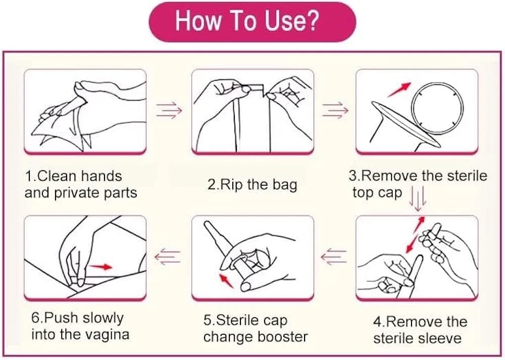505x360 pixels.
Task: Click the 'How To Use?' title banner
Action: pyautogui.click(x=252, y=21)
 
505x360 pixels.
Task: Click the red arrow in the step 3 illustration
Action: pyautogui.click(x=399, y=89)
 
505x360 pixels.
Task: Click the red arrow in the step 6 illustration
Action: pyautogui.click(x=100, y=267)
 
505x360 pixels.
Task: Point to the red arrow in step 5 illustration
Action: pyautogui.click(x=226, y=280)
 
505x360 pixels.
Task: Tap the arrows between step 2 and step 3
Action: pyautogui.click(x=335, y=110)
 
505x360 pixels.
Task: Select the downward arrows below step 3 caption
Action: pyautogui.click(x=418, y=198)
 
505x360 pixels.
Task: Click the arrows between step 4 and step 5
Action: pyautogui.click(x=334, y=256)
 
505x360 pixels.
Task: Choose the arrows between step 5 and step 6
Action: pyautogui.click(x=168, y=256)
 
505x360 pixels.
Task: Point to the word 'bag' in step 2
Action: pyautogui.click(x=285, y=186)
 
